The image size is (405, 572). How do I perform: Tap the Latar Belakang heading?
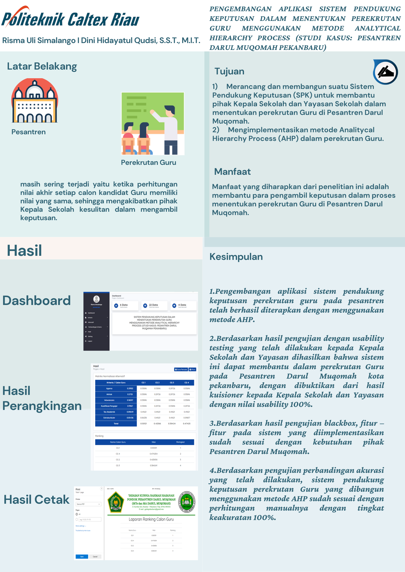click(42, 66)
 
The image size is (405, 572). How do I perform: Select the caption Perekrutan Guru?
click(149, 163)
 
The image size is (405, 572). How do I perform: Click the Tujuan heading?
click(229, 71)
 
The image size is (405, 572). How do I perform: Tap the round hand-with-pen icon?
click(386, 72)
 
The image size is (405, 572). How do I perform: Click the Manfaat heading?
click(232, 172)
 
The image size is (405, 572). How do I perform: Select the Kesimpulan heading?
click(236, 257)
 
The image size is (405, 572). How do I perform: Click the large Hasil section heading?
click(24, 250)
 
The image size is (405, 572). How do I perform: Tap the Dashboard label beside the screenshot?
click(36, 301)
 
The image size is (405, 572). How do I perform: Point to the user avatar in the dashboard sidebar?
click(96, 299)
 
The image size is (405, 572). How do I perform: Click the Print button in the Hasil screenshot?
click(192, 369)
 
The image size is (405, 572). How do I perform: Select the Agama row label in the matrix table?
click(109, 389)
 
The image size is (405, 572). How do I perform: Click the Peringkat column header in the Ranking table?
click(180, 442)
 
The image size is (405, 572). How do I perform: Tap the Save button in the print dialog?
click(82, 557)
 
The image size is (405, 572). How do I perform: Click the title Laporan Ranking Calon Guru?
click(151, 519)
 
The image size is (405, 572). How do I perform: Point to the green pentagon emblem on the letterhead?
click(116, 502)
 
